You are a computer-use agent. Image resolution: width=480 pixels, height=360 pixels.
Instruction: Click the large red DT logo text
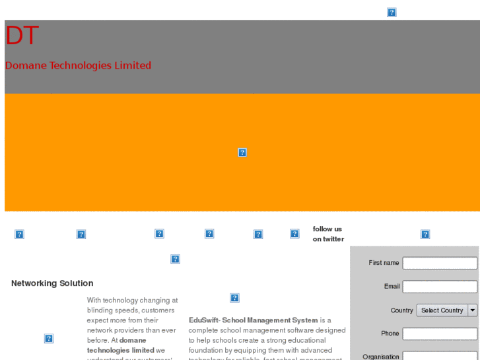click(x=22, y=36)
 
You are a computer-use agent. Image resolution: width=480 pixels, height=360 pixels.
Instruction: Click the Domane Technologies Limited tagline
click(x=78, y=65)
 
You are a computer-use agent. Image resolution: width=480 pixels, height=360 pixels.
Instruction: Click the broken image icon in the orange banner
click(x=242, y=153)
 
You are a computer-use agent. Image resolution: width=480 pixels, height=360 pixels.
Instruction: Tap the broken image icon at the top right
click(x=392, y=13)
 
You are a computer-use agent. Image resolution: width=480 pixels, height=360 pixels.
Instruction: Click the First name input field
click(x=440, y=263)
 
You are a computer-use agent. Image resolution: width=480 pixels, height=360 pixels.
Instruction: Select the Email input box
click(x=440, y=287)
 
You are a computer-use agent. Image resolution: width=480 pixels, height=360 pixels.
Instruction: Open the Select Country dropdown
click(x=442, y=310)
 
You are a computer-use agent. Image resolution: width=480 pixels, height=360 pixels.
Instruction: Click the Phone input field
click(x=440, y=334)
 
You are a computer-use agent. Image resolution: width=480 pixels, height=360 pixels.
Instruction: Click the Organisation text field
click(x=440, y=356)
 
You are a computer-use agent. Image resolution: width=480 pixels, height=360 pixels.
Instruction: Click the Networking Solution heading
click(x=52, y=283)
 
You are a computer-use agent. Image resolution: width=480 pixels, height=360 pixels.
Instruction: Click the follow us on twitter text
click(x=328, y=234)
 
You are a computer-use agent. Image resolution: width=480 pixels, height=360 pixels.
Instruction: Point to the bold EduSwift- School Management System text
click(x=254, y=320)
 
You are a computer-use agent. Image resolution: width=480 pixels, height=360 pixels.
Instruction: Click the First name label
click(x=384, y=263)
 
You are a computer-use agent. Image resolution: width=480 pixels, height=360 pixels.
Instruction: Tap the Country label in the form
click(x=401, y=310)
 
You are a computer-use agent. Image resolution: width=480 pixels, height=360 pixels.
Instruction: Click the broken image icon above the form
click(x=425, y=234)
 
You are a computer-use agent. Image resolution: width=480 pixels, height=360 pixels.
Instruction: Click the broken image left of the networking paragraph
click(x=49, y=339)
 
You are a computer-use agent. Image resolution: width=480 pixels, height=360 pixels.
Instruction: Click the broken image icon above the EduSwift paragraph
click(x=234, y=298)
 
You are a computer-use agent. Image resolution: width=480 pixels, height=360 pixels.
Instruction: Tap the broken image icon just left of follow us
click(x=294, y=234)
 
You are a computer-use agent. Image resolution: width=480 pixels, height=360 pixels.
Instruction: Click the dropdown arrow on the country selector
click(x=473, y=310)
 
